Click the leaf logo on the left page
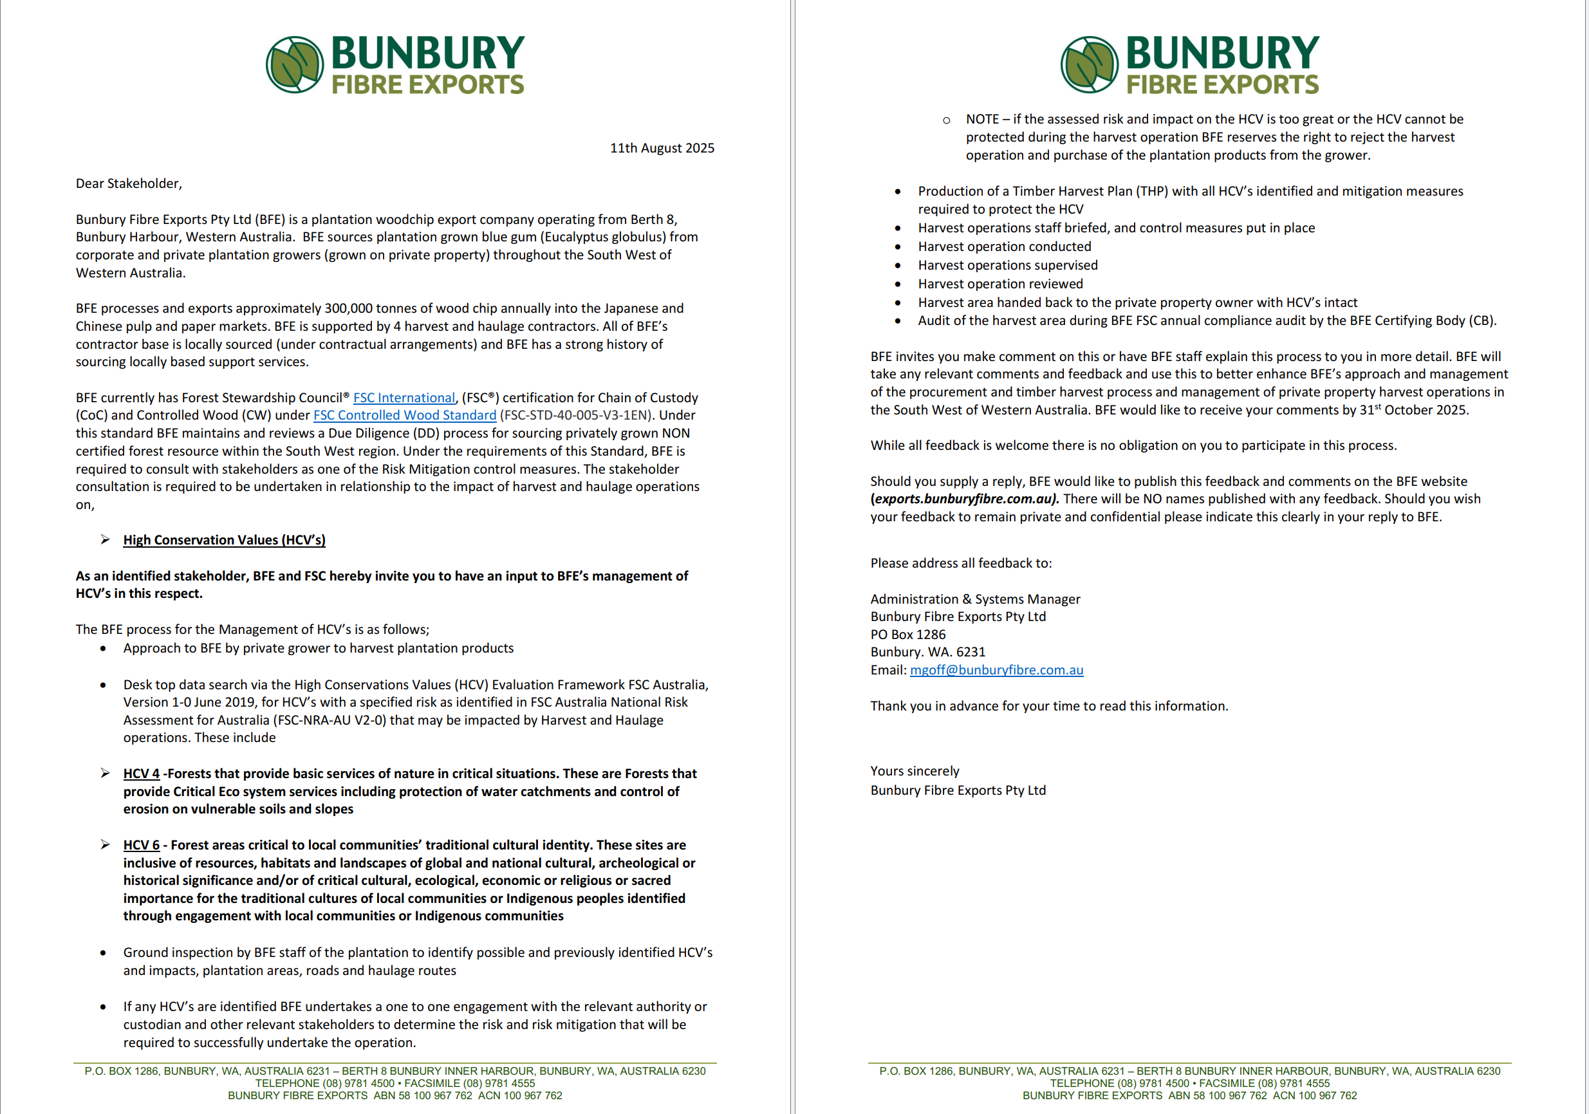294,64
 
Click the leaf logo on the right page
1089,64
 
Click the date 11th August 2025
662,148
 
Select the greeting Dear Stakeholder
129,183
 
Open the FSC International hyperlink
404,398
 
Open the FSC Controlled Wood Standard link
405,415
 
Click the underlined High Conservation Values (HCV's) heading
224,540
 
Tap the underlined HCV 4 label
141,774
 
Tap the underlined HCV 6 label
141,845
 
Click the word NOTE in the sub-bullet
982,119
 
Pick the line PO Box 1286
907,635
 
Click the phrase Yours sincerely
915,771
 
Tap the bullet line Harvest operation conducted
1004,246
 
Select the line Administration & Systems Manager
974,599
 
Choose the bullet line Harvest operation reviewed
1000,284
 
